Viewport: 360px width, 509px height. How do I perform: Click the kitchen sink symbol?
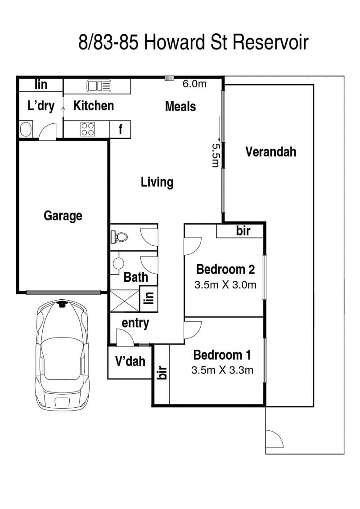[99, 86]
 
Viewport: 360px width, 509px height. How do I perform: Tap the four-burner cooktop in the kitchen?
[88, 129]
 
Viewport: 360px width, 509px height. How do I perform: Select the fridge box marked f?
[120, 129]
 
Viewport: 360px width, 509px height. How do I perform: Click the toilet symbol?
[118, 236]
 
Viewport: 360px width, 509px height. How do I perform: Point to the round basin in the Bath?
[118, 263]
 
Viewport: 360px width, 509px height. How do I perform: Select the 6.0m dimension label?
[194, 84]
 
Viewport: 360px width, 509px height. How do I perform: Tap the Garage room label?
[63, 216]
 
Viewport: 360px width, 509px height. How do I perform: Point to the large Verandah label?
[270, 152]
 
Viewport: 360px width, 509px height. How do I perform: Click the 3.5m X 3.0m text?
[225, 285]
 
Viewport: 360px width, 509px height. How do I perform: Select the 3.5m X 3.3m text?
[222, 370]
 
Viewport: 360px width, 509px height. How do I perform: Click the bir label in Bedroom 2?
[243, 231]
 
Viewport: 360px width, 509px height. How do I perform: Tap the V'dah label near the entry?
[130, 361]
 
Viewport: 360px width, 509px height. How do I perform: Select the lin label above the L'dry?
[41, 85]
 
